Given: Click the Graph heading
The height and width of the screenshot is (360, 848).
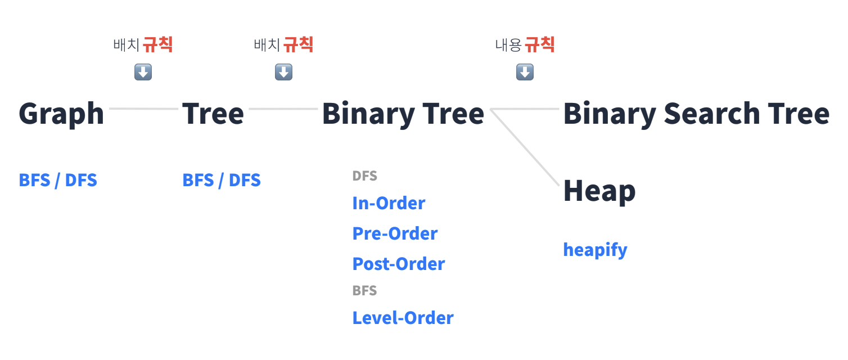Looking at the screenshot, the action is [61, 114].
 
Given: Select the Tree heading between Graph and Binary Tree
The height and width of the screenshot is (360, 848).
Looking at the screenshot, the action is [213, 114].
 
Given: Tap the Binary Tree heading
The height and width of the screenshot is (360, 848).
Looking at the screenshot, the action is [403, 114].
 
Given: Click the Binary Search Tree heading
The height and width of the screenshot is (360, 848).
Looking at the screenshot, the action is [696, 114].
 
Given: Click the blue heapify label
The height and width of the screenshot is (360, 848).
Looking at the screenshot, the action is [595, 249].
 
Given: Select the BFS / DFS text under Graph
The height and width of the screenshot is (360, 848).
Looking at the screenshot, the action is [58, 180].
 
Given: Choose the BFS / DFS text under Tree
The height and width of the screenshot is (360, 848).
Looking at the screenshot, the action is [222, 180].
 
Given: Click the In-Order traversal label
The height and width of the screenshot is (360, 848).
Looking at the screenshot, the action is [389, 203].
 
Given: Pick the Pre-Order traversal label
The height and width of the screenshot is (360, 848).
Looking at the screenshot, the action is [395, 233].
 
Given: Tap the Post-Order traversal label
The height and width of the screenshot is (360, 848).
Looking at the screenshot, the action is [399, 264].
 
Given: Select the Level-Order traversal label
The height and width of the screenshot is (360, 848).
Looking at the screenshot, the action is [403, 318].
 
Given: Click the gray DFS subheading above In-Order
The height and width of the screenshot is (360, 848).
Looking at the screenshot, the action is [364, 176].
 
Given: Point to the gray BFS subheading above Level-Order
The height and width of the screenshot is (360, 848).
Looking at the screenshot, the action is [364, 291].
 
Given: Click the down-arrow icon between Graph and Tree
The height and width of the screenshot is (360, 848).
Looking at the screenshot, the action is [143, 72].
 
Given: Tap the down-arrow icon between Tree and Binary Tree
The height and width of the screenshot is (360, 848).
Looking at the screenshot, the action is [283, 72].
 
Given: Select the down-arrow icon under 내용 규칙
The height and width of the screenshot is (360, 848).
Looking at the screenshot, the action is [525, 72].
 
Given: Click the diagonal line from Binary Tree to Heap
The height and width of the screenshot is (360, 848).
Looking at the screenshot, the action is [526, 147].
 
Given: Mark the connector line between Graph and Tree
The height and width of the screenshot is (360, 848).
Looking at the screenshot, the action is [143, 108].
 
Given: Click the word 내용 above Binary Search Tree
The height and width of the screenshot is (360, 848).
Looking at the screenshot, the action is [508, 45].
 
